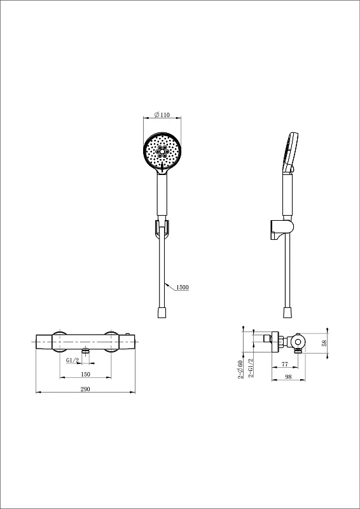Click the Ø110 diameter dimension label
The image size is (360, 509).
click(162, 115)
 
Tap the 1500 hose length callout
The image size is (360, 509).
click(183, 288)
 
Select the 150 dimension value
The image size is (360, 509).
click(85, 374)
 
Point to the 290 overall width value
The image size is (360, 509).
click(85, 389)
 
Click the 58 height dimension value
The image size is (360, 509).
click(323, 343)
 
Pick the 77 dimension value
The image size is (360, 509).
click(285, 364)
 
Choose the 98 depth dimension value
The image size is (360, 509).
click(288, 377)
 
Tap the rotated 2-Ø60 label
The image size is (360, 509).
click(240, 370)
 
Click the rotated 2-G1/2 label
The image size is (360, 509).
click(250, 368)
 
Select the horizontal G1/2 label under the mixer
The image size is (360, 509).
click(73, 360)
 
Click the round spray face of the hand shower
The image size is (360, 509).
click(162, 151)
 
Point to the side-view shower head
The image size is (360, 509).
click(290, 152)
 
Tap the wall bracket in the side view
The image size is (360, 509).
click(281, 231)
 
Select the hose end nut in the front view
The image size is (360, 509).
click(162, 313)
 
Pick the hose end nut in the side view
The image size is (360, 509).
click(287, 313)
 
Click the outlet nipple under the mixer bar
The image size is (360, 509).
click(85, 351)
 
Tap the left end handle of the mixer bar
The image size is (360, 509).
click(44, 342)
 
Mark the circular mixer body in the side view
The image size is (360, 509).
click(298, 342)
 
